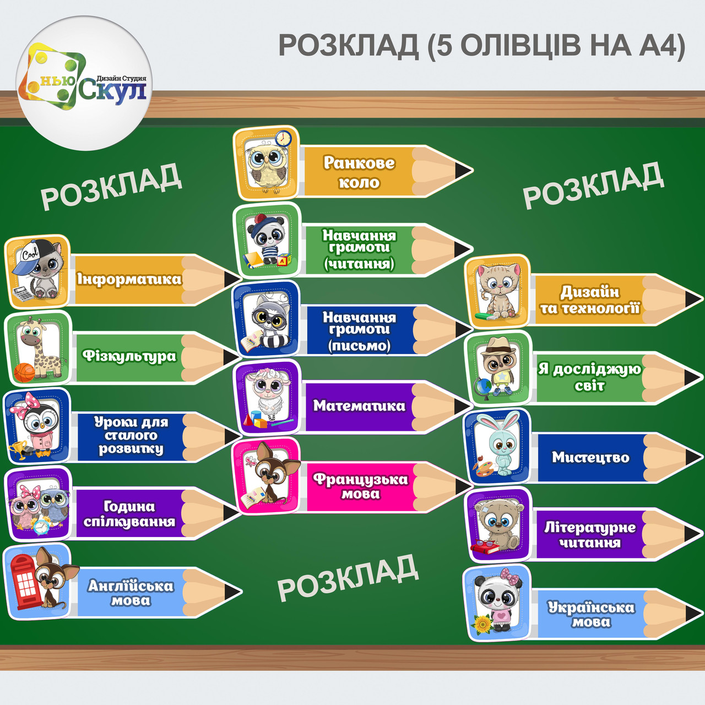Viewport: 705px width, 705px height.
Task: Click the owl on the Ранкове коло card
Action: pyautogui.click(x=266, y=165)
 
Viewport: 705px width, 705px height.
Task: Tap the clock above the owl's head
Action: pyautogui.click(x=283, y=138)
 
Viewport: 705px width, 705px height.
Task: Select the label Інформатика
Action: pyautogui.click(x=129, y=279)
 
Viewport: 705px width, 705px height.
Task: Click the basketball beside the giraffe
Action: pyautogui.click(x=24, y=372)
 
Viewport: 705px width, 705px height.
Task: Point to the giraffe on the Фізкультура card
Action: pyautogui.click(x=39, y=347)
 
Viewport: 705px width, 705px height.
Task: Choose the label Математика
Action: pyautogui.click(x=359, y=406)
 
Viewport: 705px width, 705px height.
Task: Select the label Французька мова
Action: pyautogui.click(x=360, y=486)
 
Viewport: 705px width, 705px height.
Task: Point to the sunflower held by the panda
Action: pyautogui.click(x=482, y=624)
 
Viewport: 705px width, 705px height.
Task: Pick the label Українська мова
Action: pyautogui.click(x=590, y=614)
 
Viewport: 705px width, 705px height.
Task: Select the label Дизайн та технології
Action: pyautogui.click(x=589, y=300)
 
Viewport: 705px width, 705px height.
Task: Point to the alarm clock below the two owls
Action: pyautogui.click(x=41, y=527)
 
